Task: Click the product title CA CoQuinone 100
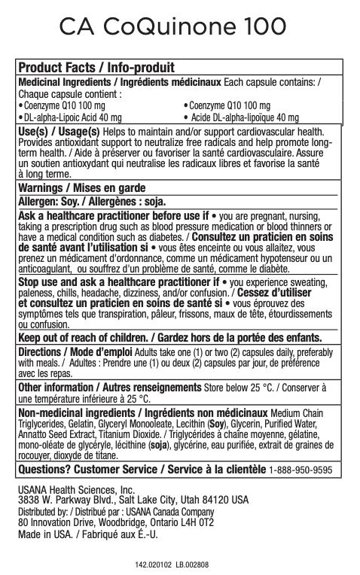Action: pos(172,28)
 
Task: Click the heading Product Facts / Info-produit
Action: pos(96,69)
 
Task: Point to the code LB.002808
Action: pos(191,563)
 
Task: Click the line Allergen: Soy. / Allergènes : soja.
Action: pos(91,201)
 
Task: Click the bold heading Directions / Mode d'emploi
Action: pos(76,351)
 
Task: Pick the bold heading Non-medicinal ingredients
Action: pos(79,413)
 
